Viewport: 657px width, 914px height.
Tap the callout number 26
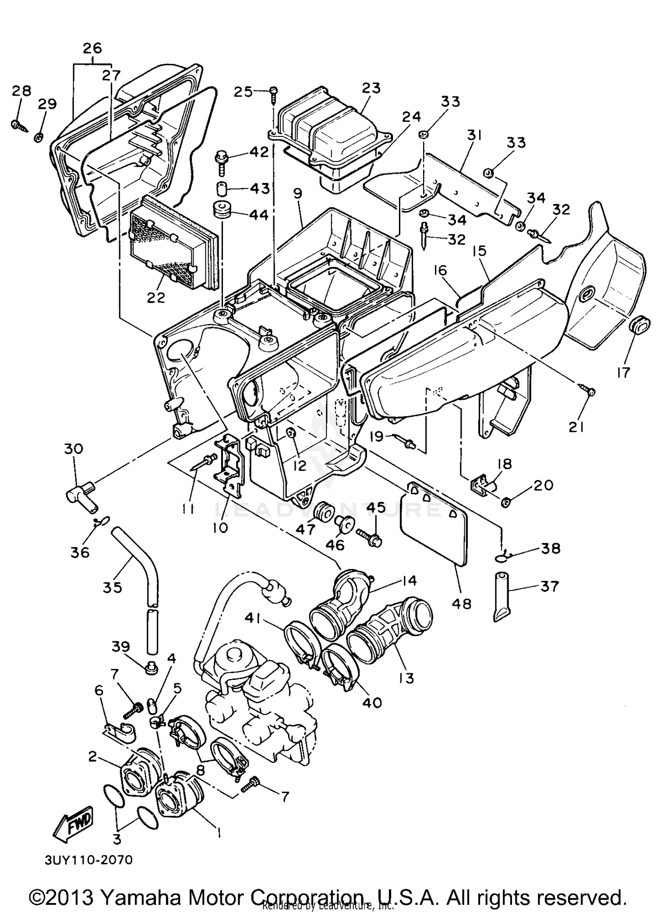pos(92,48)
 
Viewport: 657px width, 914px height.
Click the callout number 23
pos(371,88)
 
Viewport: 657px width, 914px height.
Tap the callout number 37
pos(549,586)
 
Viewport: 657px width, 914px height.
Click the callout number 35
pos(112,587)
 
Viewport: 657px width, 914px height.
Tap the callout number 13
pos(406,678)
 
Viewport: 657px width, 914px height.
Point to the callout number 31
pos(474,137)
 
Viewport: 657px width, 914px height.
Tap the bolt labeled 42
pos(221,160)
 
